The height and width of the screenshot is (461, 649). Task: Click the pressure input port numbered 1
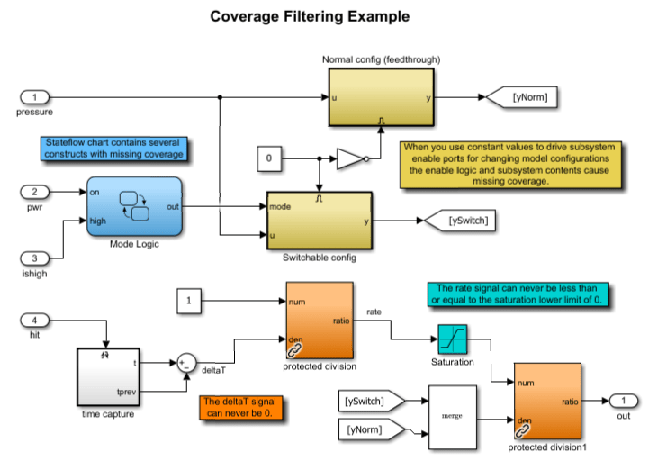(33, 96)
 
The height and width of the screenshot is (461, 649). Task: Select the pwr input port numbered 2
(33, 191)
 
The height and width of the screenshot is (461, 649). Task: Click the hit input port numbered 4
(33, 321)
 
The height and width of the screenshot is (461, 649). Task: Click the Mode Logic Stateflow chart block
(134, 206)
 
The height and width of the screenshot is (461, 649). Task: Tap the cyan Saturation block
(452, 339)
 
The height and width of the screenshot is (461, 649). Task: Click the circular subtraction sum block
(185, 363)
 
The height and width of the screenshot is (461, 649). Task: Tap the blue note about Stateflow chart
(114, 149)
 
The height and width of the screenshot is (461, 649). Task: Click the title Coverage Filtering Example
(297, 16)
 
